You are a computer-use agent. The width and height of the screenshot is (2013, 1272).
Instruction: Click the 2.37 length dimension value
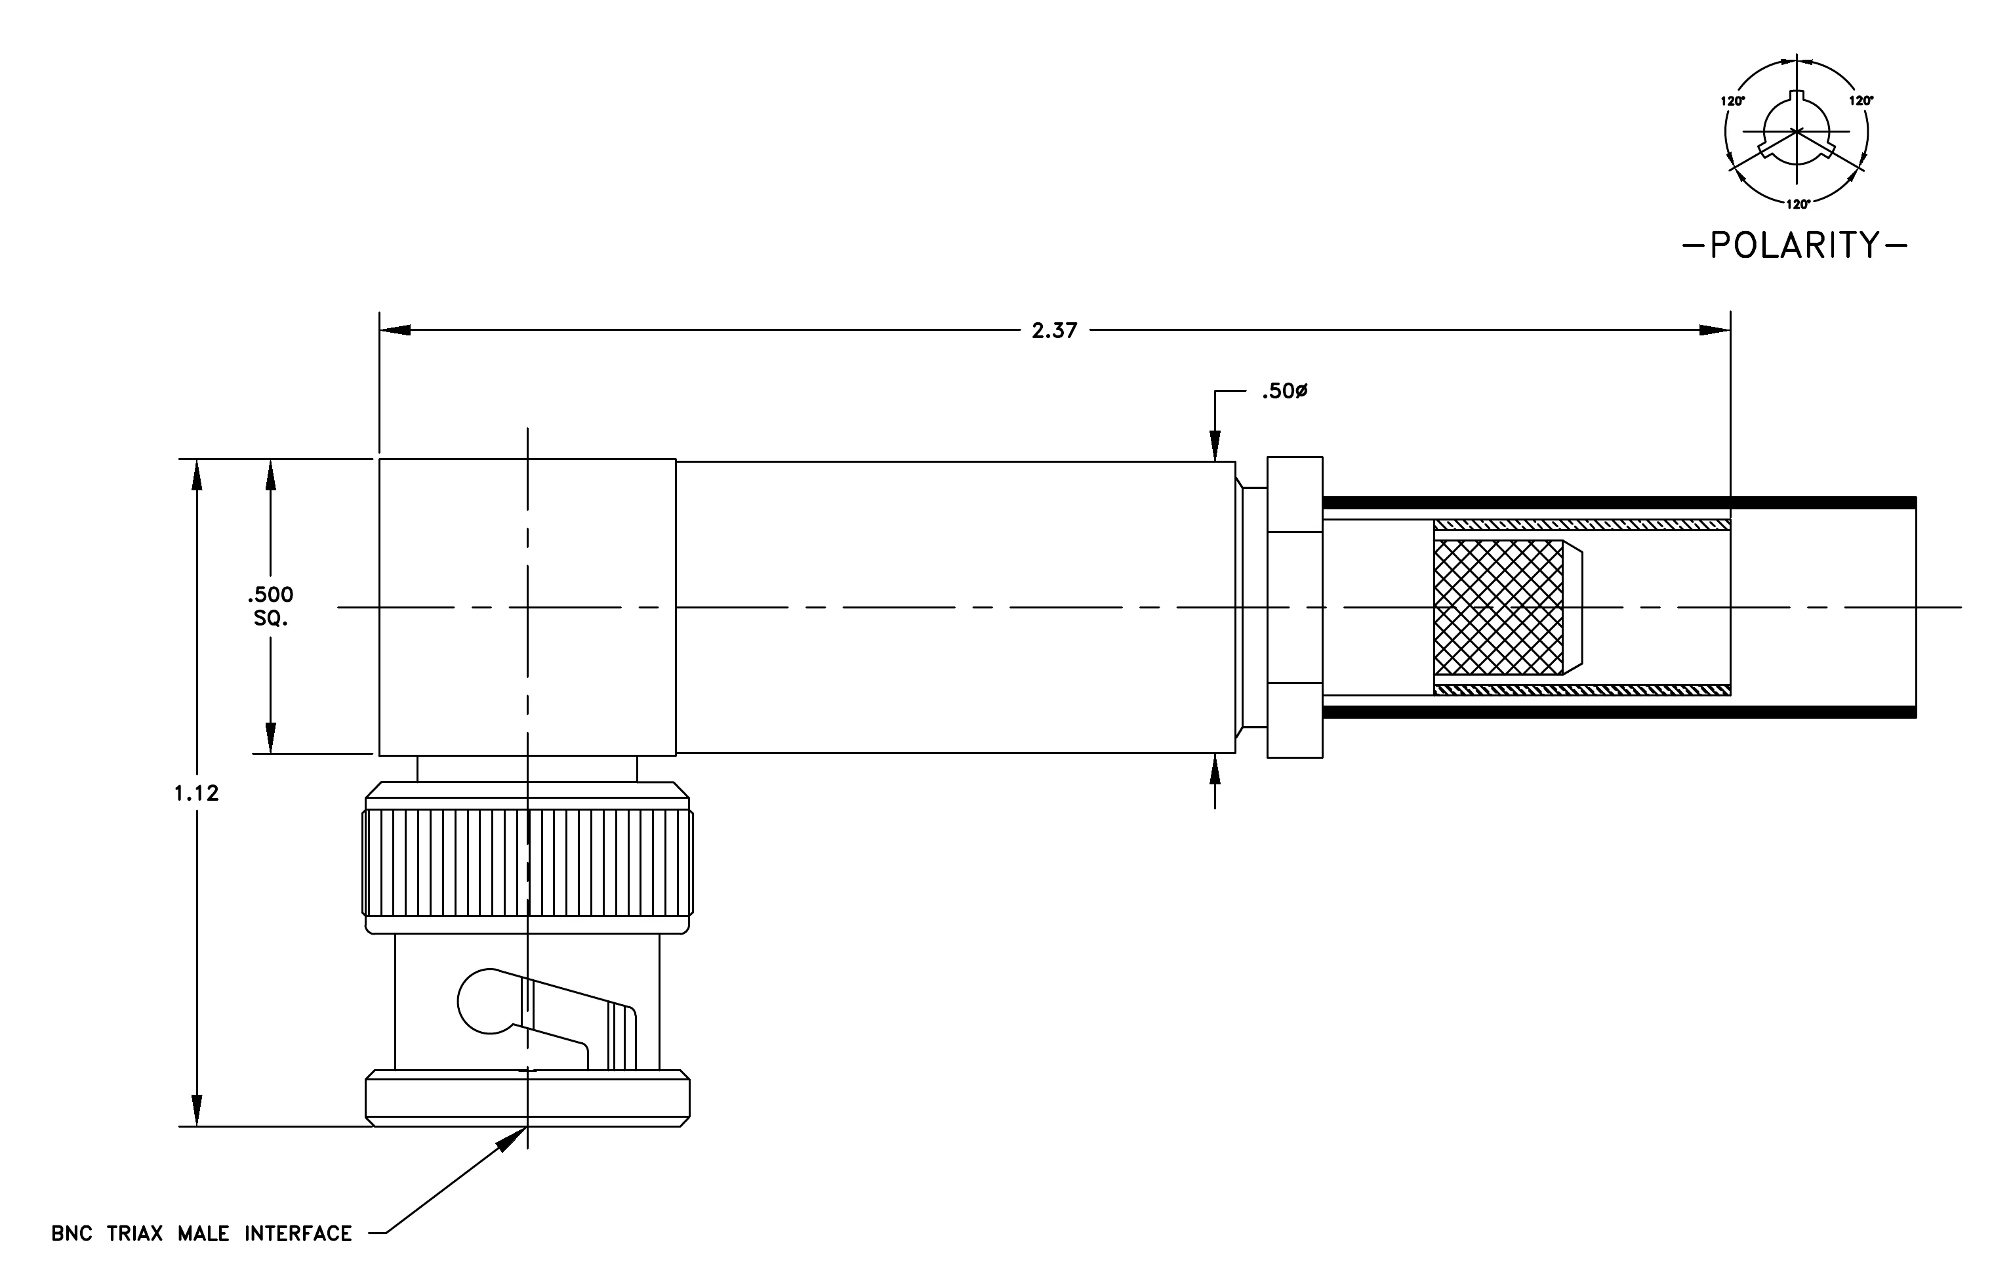point(1054,330)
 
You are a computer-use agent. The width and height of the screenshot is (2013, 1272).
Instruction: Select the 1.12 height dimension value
point(197,793)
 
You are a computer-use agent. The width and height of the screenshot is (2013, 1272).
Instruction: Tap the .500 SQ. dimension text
point(270,606)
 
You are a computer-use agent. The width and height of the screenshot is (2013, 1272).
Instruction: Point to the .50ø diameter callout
point(1285,391)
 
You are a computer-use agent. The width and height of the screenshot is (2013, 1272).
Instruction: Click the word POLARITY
point(1795,245)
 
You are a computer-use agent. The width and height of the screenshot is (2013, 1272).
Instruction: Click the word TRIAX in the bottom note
point(134,1233)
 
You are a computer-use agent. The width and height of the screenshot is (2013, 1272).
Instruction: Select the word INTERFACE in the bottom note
point(298,1233)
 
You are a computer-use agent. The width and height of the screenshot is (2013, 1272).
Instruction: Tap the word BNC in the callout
point(72,1233)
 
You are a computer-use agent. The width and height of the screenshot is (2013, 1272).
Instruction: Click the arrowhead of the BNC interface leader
point(512,1138)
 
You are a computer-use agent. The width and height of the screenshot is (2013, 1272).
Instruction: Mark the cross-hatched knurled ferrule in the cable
point(1498,607)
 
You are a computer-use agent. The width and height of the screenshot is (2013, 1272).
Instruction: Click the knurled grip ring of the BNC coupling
point(527,862)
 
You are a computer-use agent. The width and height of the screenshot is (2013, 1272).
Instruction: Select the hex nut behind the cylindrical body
point(1295,607)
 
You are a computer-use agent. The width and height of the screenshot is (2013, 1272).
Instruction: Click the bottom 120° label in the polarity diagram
point(1798,204)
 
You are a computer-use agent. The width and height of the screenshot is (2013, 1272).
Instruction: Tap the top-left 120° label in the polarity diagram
point(1733,101)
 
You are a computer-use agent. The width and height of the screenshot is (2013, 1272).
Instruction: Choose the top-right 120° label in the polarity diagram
point(1861,100)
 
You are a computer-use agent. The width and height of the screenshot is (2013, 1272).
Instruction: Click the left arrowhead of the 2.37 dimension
point(396,330)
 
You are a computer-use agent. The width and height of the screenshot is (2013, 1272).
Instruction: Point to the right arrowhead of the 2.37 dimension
point(1715,330)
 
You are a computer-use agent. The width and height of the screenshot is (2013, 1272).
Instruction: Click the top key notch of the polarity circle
point(1797,98)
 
